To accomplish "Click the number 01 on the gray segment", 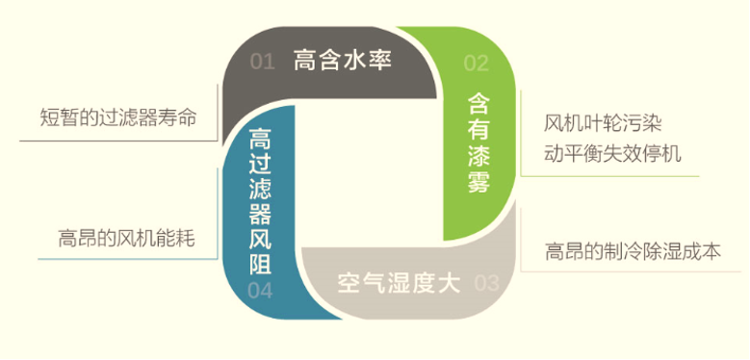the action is [263, 63].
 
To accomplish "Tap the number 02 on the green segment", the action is [477, 64].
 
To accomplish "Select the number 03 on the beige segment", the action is [487, 283].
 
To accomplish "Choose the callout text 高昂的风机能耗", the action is [126, 237].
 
